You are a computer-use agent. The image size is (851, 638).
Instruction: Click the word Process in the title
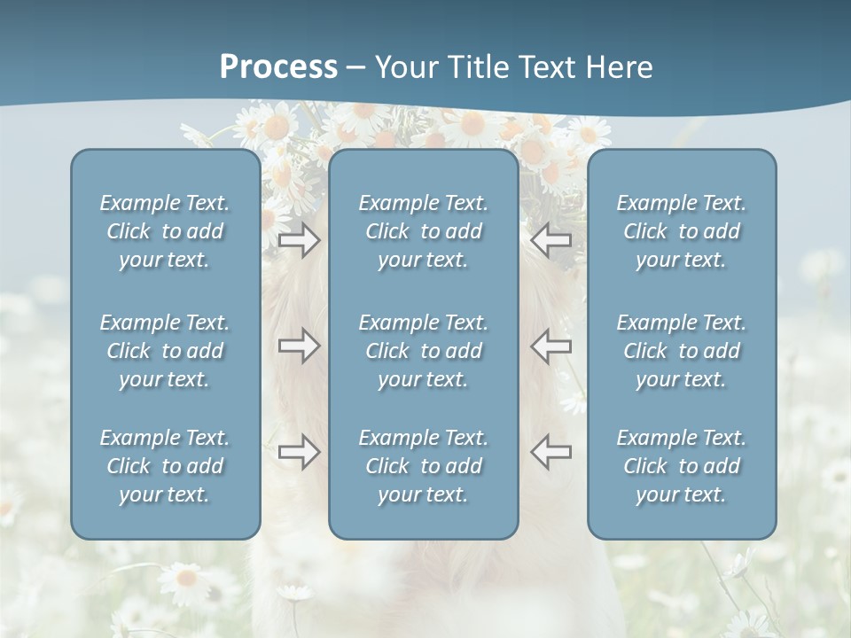tap(278, 67)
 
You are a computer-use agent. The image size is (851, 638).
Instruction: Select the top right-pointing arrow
tap(299, 240)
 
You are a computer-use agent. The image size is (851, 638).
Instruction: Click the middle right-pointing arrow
tap(299, 345)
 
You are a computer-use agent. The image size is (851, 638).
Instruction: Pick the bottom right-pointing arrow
tap(299, 452)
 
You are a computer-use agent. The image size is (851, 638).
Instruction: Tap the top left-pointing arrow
tap(551, 240)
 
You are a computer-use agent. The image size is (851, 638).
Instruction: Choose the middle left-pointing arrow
tap(551, 345)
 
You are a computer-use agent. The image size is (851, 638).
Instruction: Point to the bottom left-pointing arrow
tap(551, 452)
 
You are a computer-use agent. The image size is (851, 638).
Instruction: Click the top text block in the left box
tap(165, 231)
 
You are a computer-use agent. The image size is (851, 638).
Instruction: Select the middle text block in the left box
tap(165, 351)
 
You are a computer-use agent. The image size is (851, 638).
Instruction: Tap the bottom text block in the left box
tap(165, 466)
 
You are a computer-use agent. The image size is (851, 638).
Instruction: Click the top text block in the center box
tap(424, 231)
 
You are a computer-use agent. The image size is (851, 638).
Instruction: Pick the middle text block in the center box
tap(424, 351)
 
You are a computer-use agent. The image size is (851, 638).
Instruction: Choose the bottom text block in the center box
tap(424, 466)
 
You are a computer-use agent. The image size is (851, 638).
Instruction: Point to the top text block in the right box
tap(682, 231)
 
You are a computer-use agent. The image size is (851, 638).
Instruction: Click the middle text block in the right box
tap(682, 351)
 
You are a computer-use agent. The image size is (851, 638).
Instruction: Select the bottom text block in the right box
tap(682, 466)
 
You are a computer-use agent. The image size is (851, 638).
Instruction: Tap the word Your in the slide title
tap(403, 67)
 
